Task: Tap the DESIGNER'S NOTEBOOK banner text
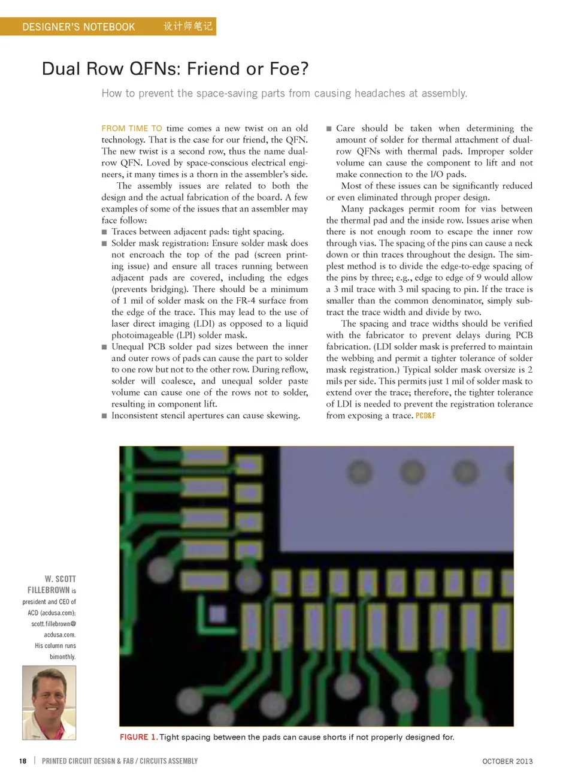[x=78, y=27]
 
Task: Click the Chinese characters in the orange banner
[x=188, y=26]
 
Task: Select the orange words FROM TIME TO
[x=132, y=128]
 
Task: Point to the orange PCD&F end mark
[x=425, y=416]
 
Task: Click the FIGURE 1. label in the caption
[x=138, y=737]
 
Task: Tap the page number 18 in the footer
[x=23, y=761]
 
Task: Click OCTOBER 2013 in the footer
[x=507, y=761]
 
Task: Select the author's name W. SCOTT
[x=60, y=579]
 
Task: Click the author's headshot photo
[x=49, y=702]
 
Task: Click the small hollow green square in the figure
[x=214, y=613]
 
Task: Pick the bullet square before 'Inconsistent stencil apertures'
[x=104, y=416]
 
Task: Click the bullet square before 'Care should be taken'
[x=329, y=129]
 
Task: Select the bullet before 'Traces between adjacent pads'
[x=104, y=232]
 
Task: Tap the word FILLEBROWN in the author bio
[x=49, y=590]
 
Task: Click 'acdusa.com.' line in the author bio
[x=59, y=635]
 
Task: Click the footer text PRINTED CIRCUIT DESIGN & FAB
[x=87, y=761]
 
